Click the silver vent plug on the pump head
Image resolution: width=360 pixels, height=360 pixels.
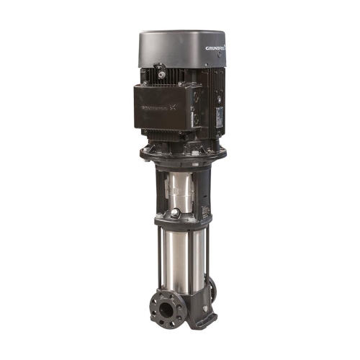pos(176,215)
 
